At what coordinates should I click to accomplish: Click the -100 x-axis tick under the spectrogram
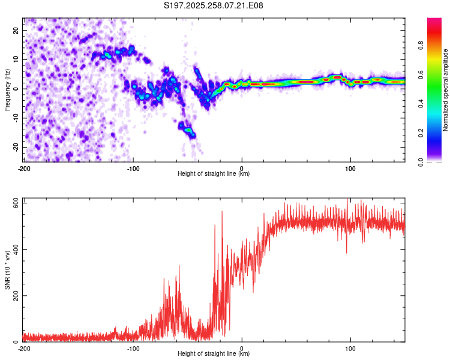click(133, 169)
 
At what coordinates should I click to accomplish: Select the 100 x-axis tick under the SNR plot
click(350, 349)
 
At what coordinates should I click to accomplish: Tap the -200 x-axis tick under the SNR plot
click(24, 349)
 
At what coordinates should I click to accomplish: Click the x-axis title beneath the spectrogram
click(214, 174)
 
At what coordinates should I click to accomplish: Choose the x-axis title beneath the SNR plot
click(214, 354)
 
